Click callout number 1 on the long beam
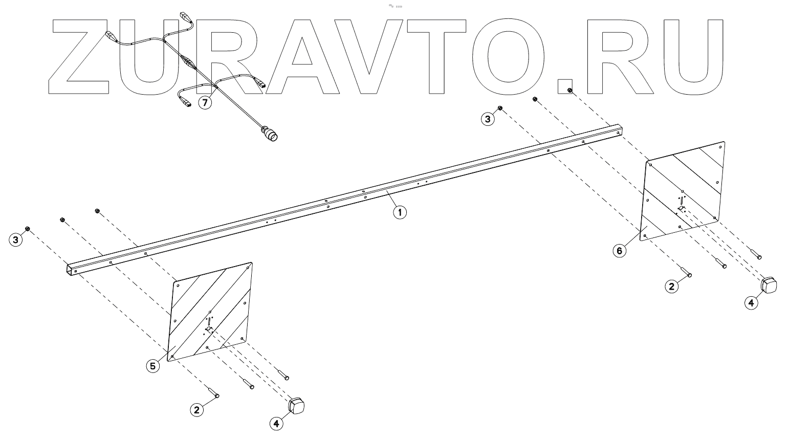pyautogui.click(x=400, y=212)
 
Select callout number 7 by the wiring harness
pyautogui.click(x=205, y=103)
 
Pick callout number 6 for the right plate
pyautogui.click(x=620, y=251)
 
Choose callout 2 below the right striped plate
pyautogui.click(x=671, y=286)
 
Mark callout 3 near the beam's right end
pyautogui.click(x=488, y=119)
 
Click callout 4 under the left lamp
pyautogui.click(x=276, y=424)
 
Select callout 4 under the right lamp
pyautogui.click(x=751, y=302)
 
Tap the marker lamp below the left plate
pyautogui.click(x=297, y=406)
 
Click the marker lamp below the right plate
pyautogui.click(x=769, y=285)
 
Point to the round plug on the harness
pyautogui.click(x=271, y=134)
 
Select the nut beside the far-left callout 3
pyautogui.click(x=28, y=228)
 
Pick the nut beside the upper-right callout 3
pyautogui.click(x=500, y=108)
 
